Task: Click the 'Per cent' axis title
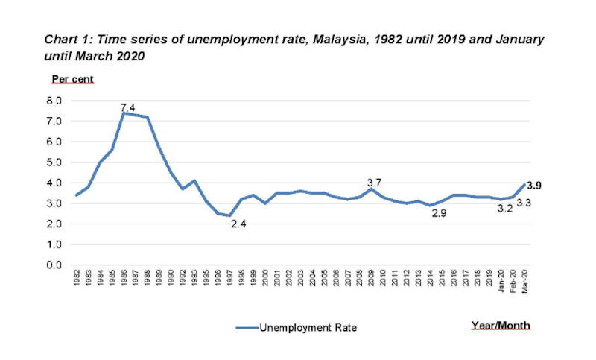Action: click(x=72, y=78)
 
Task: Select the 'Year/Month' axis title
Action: click(x=501, y=325)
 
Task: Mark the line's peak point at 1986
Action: click(x=124, y=113)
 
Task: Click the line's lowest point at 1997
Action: click(x=231, y=215)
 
